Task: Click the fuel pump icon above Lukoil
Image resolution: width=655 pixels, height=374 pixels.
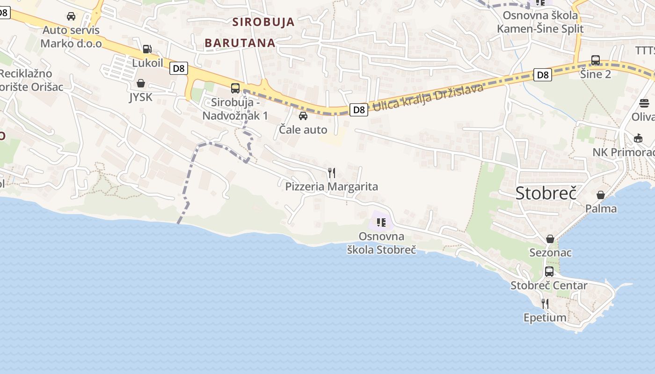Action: click(x=147, y=49)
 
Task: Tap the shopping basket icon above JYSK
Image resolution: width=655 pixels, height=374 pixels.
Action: click(x=140, y=83)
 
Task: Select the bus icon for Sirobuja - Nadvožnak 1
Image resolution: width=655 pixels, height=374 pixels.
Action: click(x=235, y=88)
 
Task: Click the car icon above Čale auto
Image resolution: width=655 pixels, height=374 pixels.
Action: click(x=303, y=115)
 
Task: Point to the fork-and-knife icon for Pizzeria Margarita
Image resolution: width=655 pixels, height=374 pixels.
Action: click(x=332, y=173)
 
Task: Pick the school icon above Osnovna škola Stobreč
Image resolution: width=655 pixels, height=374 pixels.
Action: click(x=381, y=223)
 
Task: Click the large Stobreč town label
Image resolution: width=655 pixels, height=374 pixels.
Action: click(x=546, y=193)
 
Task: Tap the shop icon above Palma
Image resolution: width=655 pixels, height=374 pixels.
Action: click(x=601, y=194)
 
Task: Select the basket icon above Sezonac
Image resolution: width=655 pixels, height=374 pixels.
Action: click(x=550, y=239)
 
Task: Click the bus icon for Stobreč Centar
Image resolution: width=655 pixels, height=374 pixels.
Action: click(x=549, y=272)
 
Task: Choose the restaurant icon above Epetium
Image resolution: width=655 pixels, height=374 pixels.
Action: click(x=545, y=304)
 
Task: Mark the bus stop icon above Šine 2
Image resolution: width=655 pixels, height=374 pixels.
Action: click(x=596, y=60)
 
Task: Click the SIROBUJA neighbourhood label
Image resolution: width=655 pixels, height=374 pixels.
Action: click(x=263, y=22)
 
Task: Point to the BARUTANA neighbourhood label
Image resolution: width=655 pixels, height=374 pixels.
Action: click(x=240, y=43)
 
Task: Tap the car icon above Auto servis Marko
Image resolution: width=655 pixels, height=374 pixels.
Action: click(x=71, y=16)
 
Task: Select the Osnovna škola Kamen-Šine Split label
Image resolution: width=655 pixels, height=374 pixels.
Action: click(x=540, y=22)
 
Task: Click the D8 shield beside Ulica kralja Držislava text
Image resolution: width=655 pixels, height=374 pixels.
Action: click(x=358, y=110)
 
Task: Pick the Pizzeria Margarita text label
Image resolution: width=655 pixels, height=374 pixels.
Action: click(x=332, y=187)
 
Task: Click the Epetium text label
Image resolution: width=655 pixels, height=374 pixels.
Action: click(x=545, y=318)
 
